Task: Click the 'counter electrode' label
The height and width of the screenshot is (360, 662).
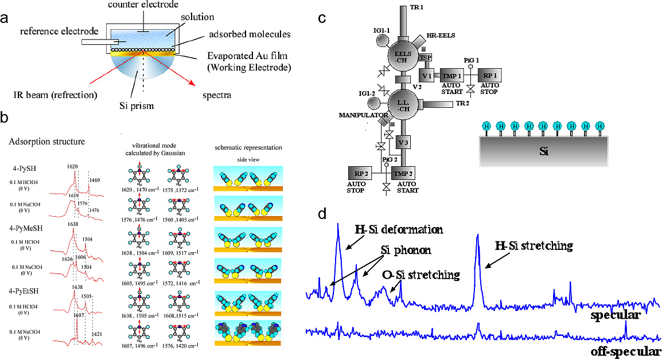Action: point(152,5)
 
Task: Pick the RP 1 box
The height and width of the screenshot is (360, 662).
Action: point(489,76)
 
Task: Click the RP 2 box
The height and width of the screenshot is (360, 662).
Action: point(360,172)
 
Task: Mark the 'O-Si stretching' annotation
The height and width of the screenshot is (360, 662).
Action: point(421,275)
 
